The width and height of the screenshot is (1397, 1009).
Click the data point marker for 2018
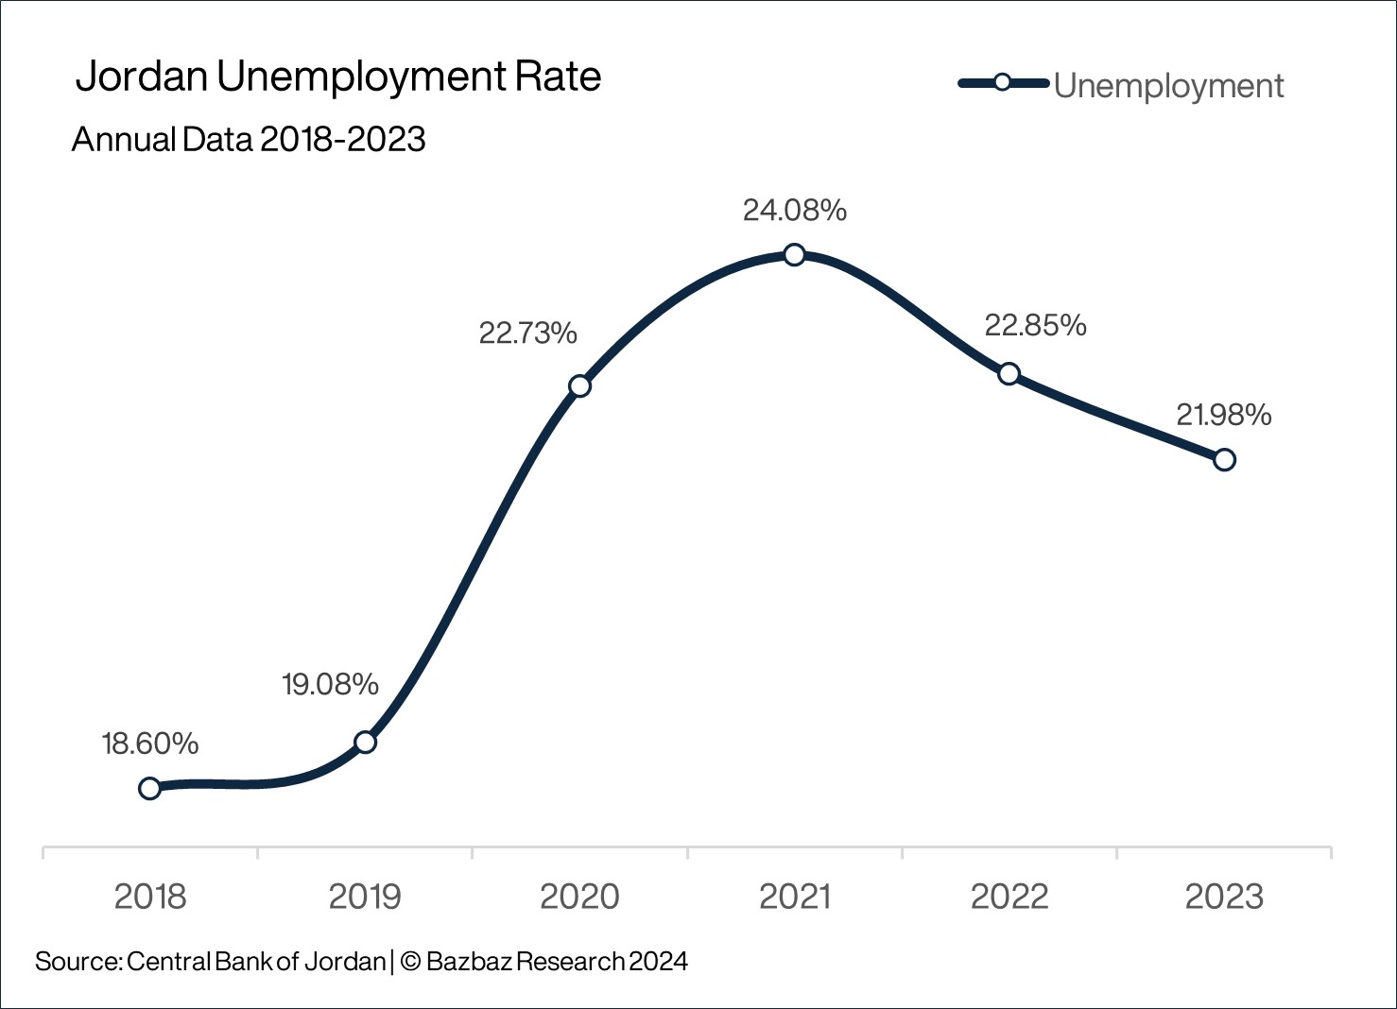pyautogui.click(x=149, y=788)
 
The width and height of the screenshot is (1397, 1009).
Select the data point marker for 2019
pyautogui.click(x=365, y=742)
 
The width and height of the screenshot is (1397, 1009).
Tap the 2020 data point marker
pyautogui.click(x=579, y=385)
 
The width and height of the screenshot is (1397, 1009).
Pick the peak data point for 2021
pyautogui.click(x=794, y=255)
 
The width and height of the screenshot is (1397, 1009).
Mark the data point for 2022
pyautogui.click(x=1009, y=373)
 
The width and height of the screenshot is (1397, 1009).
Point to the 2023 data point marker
pyautogui.click(x=1224, y=460)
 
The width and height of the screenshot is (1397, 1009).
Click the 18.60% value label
pyautogui.click(x=150, y=744)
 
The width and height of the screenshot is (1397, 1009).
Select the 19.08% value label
pyautogui.click(x=330, y=684)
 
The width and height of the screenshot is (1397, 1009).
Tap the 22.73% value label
pyautogui.click(x=527, y=333)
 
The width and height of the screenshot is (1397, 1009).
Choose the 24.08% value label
pyautogui.click(x=794, y=211)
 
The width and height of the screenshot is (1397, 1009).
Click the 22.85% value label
pyautogui.click(x=1035, y=326)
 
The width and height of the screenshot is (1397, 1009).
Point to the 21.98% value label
pyautogui.click(x=1223, y=415)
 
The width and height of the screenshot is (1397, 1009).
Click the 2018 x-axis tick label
pyautogui.click(x=150, y=897)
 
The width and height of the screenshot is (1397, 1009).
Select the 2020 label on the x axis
pyautogui.click(x=579, y=897)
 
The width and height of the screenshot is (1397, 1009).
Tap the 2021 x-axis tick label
pyautogui.click(x=794, y=897)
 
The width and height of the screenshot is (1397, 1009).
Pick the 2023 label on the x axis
pyautogui.click(x=1224, y=897)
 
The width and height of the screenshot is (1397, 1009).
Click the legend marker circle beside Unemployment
pyautogui.click(x=1003, y=83)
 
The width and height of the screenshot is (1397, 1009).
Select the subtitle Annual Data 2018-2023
pyautogui.click(x=249, y=140)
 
